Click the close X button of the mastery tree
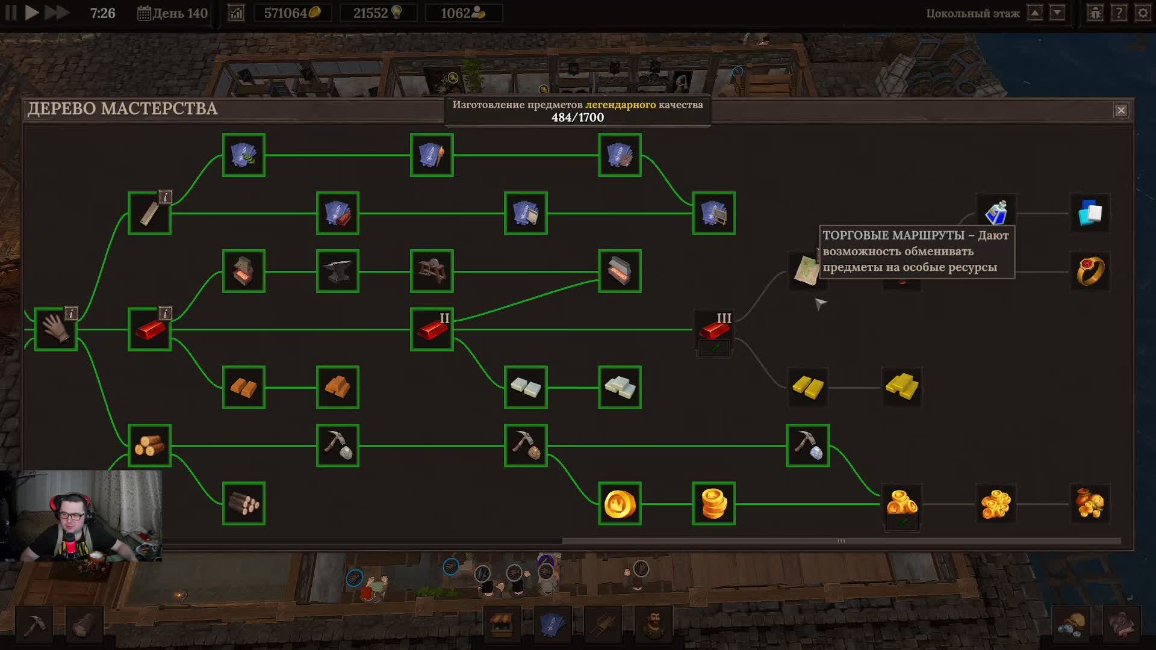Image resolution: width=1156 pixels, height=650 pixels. (x=1120, y=110)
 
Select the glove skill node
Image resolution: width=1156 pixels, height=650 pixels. (x=55, y=329)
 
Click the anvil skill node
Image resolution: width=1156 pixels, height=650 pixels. (x=337, y=271)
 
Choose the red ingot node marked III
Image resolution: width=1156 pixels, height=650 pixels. (x=714, y=329)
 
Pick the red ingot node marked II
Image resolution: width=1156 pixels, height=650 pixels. (x=432, y=329)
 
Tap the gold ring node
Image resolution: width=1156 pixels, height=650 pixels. (x=1090, y=271)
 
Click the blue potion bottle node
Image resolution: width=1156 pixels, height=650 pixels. (x=996, y=212)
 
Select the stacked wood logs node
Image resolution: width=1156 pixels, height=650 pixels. (x=149, y=445)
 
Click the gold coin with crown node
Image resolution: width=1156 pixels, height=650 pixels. (x=620, y=504)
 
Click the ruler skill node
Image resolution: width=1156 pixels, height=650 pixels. (x=149, y=213)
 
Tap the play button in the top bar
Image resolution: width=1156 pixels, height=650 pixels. (x=32, y=13)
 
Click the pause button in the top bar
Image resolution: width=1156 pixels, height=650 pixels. (x=11, y=13)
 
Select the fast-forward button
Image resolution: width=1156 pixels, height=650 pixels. (x=57, y=13)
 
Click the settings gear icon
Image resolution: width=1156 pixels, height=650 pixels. (x=1142, y=13)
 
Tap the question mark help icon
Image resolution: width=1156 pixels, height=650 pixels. (x=1119, y=13)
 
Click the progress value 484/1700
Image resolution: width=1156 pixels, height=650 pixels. (x=577, y=117)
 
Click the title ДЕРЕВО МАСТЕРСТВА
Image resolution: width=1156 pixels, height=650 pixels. (x=122, y=108)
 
